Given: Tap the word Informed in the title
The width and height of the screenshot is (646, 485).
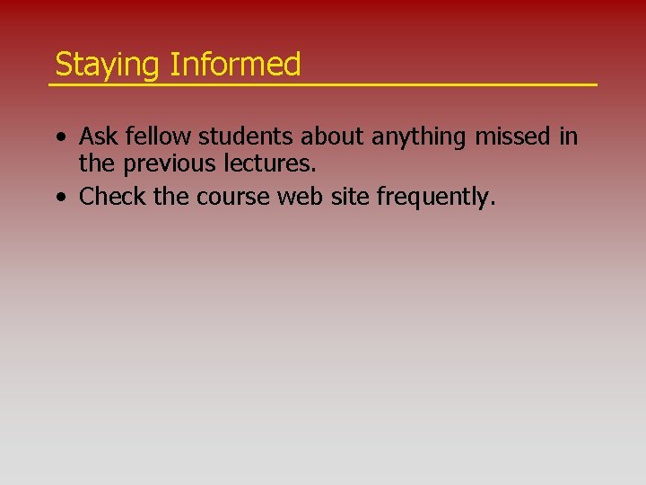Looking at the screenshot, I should click(235, 65).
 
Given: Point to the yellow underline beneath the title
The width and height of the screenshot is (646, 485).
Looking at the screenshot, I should click(322, 84).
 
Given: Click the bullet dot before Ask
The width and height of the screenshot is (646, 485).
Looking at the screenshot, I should click(58, 138).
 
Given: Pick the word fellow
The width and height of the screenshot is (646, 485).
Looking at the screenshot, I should click(158, 137).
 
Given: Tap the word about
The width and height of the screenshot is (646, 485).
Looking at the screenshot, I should click(333, 137).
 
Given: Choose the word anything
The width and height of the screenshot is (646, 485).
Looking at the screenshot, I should click(419, 137).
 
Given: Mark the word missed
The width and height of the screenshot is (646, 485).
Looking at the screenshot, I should click(512, 137).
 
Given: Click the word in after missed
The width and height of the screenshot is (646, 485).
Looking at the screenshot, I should click(568, 137).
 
